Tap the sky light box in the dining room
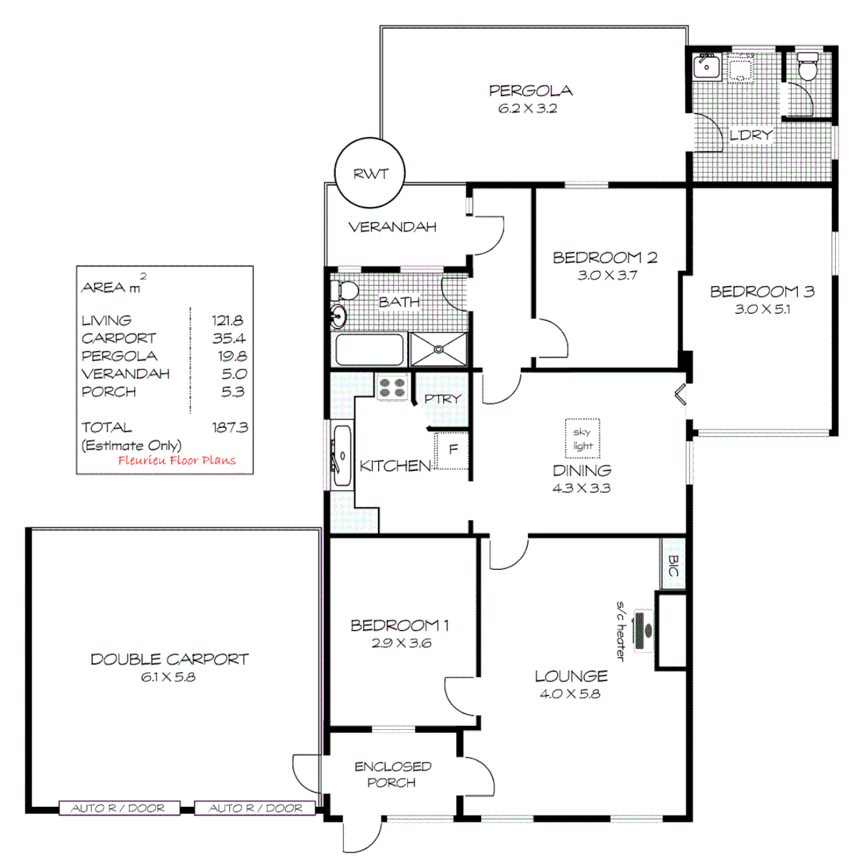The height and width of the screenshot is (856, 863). tap(582, 439)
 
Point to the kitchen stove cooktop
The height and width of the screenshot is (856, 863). tap(391, 387)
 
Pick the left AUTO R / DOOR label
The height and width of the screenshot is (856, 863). tap(118, 808)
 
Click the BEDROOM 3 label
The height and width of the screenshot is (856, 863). tap(762, 292)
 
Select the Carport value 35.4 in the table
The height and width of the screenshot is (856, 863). tap(228, 338)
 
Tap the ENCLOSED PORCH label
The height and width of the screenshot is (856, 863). tap(393, 774)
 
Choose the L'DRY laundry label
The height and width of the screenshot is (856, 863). tap(750, 135)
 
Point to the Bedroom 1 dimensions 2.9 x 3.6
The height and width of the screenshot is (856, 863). tap(400, 644)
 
